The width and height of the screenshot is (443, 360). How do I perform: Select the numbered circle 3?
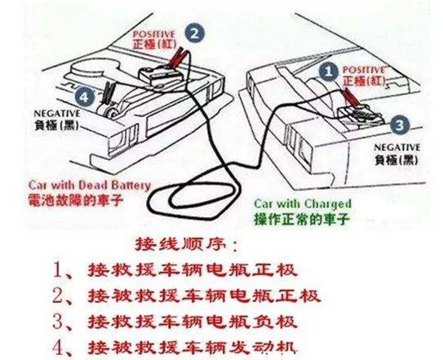point(400,126)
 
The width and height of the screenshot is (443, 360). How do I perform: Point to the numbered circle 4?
point(85,94)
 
